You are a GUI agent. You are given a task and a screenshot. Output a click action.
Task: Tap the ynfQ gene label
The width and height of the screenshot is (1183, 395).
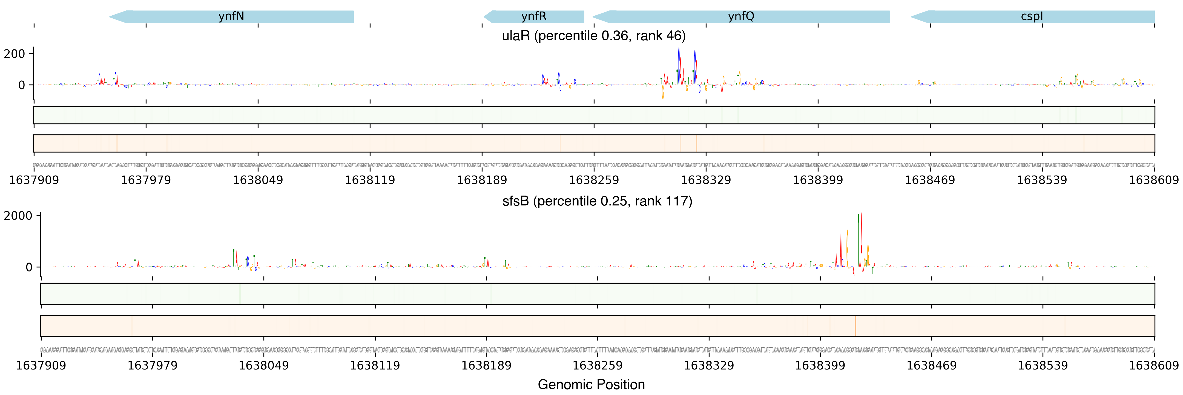tap(741, 16)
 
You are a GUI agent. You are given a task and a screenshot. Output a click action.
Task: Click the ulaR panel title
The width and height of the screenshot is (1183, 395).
tap(593, 36)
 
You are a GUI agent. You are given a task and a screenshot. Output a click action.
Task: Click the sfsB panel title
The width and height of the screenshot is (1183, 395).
tap(597, 201)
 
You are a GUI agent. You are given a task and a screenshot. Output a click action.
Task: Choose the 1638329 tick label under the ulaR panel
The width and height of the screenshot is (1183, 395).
tap(706, 180)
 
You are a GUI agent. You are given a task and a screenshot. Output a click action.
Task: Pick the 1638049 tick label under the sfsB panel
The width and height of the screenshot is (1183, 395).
tap(264, 366)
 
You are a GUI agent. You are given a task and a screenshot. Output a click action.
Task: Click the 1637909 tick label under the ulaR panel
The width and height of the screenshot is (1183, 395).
tap(34, 180)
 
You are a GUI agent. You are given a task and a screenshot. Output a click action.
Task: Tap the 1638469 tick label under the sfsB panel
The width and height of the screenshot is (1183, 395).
tap(931, 366)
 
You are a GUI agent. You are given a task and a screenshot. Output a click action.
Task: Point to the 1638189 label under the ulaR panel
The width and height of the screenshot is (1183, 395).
tap(482, 180)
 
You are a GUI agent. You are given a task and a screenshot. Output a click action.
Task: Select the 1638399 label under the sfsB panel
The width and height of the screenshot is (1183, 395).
tap(820, 366)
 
